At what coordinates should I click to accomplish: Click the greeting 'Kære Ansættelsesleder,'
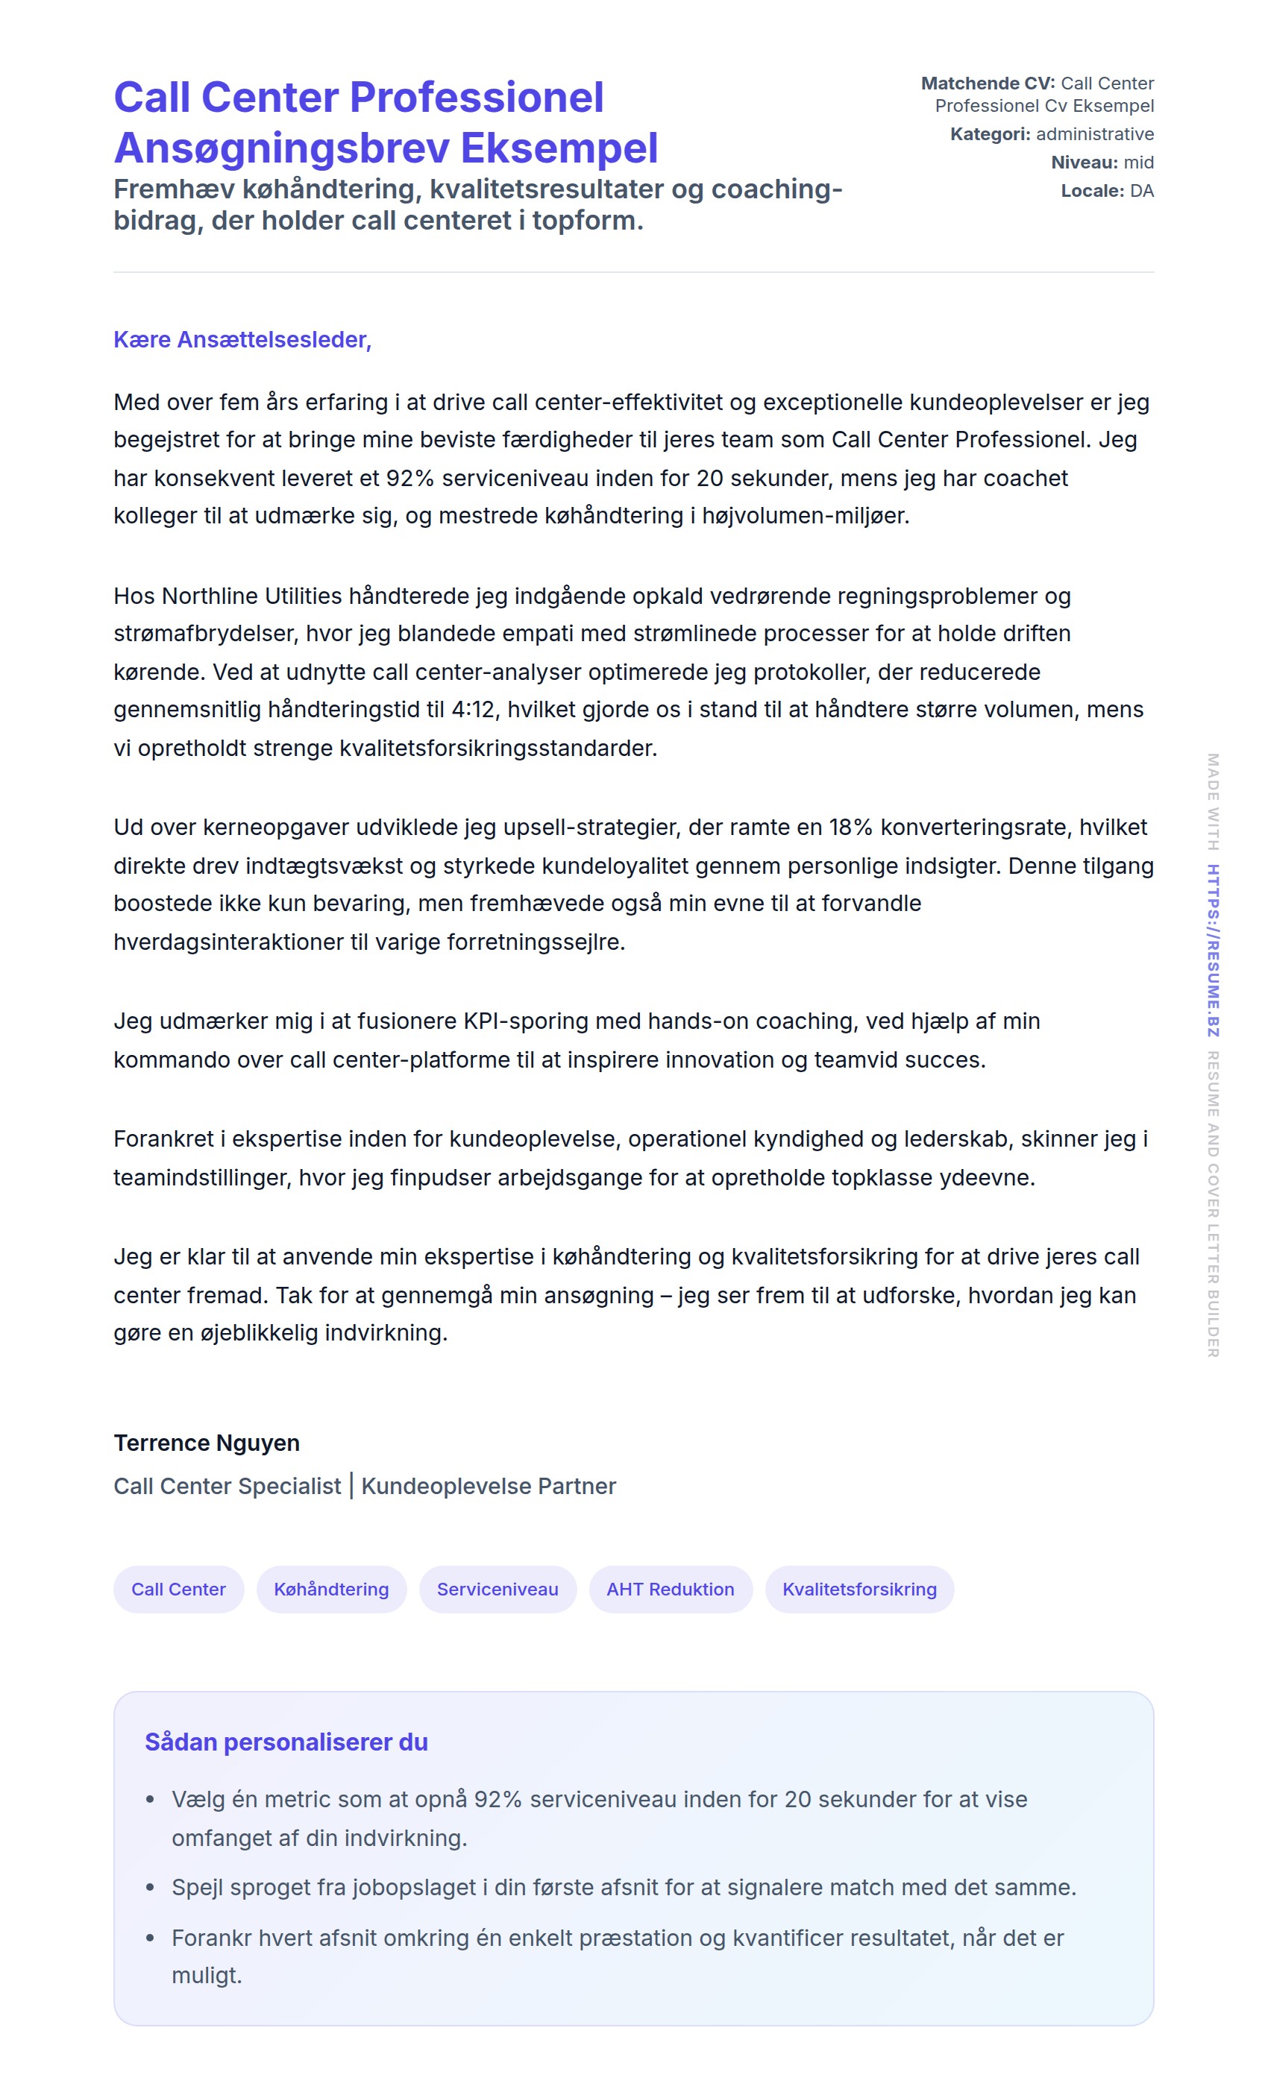[x=242, y=340]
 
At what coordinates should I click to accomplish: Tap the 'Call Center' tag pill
[x=178, y=1589]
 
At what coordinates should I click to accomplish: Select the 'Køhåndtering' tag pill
[x=331, y=1589]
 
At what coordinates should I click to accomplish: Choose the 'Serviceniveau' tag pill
[x=498, y=1589]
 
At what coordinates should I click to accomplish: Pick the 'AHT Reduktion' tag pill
[x=671, y=1589]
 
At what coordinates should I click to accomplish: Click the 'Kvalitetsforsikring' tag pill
[x=859, y=1589]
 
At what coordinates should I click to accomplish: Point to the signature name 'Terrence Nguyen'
[x=207, y=1443]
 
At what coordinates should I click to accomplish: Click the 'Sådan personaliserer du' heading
[x=286, y=1742]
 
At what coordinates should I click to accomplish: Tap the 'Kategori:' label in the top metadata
[x=990, y=134]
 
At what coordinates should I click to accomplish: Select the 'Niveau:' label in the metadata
[x=1084, y=163]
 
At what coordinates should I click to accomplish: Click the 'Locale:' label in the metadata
[x=1092, y=191]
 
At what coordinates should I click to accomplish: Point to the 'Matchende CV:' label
[x=987, y=84]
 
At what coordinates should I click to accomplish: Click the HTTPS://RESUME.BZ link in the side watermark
[x=1213, y=951]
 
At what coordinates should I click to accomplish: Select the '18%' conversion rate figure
[x=851, y=828]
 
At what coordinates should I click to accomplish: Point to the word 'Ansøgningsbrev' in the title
[x=281, y=148]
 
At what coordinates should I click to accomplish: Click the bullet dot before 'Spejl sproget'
[x=151, y=1888]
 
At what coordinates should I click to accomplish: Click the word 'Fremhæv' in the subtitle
[x=174, y=189]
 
